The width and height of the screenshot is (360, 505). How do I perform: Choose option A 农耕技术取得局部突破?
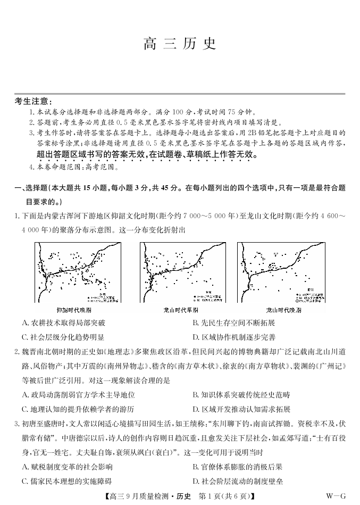[64, 323]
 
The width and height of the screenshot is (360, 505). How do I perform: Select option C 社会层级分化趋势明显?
[64, 337]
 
